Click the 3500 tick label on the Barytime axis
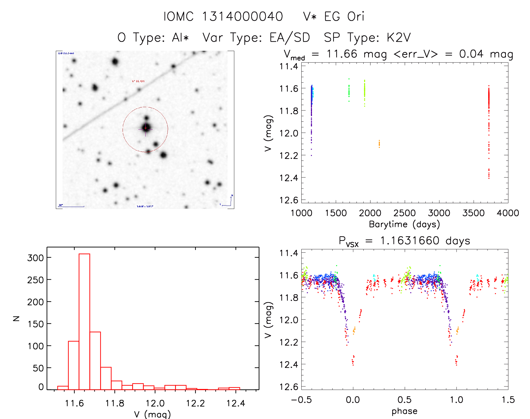tap(473, 213)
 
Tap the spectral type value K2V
tap(399, 37)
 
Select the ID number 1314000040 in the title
tap(242, 17)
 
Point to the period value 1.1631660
tap(410, 241)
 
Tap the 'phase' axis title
tap(404, 411)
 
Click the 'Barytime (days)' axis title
tap(404, 224)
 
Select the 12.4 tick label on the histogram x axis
tap(236, 403)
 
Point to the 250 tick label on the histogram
tap(36, 280)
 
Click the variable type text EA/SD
tap(290, 37)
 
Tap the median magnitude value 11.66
tap(342, 54)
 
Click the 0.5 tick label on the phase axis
tap(404, 400)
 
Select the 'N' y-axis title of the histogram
tap(16, 318)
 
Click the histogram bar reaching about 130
tap(95, 360)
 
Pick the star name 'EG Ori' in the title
tap(344, 17)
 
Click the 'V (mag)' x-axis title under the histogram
tap(152, 414)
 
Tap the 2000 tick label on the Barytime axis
tap(370, 213)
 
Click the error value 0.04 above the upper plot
tap(471, 54)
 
